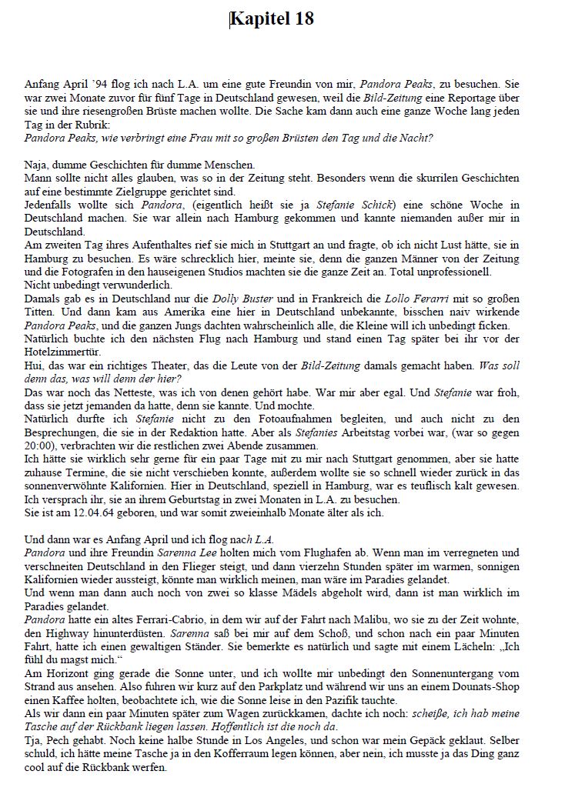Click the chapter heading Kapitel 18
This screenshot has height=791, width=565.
pos(273,19)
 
